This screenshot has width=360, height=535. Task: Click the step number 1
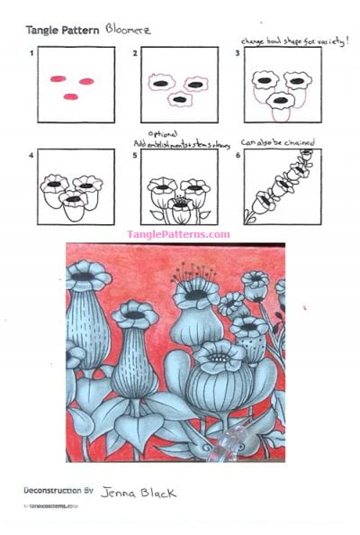[33, 53]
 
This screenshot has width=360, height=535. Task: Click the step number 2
[135, 53]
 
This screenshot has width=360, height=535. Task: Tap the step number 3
[237, 53]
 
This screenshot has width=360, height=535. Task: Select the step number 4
[33, 155]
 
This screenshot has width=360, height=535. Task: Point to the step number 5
[135, 155]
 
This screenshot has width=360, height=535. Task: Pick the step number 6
[237, 155]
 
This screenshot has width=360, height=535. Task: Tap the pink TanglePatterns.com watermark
[178, 234]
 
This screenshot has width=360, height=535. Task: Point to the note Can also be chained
[275, 141]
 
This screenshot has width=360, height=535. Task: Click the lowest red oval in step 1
[70, 95]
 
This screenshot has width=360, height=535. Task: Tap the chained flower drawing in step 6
[282, 186]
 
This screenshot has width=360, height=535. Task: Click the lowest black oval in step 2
[179, 98]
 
